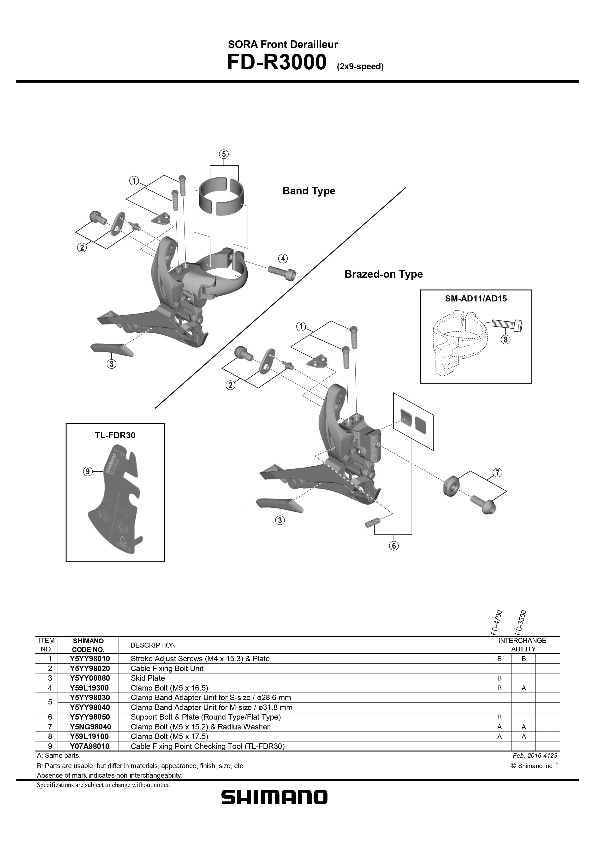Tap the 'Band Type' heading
pyautogui.click(x=309, y=191)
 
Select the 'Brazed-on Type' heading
pyautogui.click(x=383, y=274)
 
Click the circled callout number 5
pyautogui.click(x=224, y=154)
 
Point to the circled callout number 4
pyautogui.click(x=283, y=258)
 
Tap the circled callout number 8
pyautogui.click(x=506, y=340)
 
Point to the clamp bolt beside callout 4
pyautogui.click(x=282, y=272)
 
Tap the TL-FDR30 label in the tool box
pyautogui.click(x=115, y=435)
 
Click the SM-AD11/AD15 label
pyautogui.click(x=476, y=299)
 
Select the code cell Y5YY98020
pyautogui.click(x=90, y=668)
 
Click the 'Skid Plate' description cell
pyautogui.click(x=148, y=678)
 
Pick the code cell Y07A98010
pyautogui.click(x=90, y=746)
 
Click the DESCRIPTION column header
pyautogui.click(x=153, y=645)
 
